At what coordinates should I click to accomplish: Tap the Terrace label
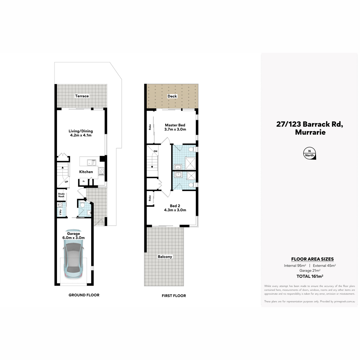[82, 96]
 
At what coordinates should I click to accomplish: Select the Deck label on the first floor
[172, 96]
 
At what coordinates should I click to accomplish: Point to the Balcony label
[165, 257]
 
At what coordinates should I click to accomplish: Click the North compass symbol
[309, 153]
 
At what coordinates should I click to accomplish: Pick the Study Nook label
[61, 195]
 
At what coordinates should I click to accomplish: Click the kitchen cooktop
[101, 171]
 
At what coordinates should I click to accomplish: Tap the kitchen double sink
[91, 163]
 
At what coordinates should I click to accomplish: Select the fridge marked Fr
[83, 181]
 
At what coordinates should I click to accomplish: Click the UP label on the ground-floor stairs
[66, 182]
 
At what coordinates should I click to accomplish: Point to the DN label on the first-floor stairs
[155, 151]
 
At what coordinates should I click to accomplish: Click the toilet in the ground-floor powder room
[82, 204]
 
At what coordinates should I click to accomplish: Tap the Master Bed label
[175, 125]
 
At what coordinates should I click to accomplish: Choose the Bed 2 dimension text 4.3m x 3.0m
[175, 210]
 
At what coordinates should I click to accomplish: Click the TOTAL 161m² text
[310, 276]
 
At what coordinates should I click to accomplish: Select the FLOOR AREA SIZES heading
[312, 259]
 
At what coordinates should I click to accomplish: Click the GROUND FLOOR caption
[84, 295]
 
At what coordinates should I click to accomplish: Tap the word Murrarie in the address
[310, 132]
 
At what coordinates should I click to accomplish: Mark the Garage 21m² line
[310, 271]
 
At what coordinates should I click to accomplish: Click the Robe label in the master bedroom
[150, 127]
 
